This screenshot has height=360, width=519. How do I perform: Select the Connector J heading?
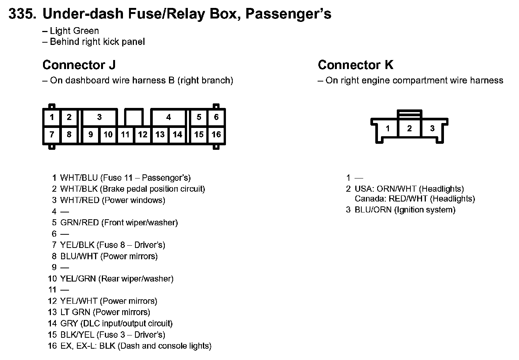79,65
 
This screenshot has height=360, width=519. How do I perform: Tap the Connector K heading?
355,65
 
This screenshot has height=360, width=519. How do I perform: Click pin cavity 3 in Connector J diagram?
99,117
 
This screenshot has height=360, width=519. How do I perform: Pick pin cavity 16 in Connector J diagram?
216,135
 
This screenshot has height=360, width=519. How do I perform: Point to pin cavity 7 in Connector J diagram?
52,135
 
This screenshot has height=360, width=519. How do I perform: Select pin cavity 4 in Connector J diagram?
168,117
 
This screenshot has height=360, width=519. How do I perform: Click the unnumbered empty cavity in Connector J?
134,117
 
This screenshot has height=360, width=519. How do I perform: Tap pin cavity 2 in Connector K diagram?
410,128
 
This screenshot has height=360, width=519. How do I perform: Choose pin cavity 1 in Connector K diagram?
388,129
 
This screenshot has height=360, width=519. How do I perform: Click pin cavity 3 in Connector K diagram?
432,129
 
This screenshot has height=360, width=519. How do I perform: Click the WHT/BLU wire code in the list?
79,178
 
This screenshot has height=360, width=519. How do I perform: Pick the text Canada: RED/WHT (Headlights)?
415,199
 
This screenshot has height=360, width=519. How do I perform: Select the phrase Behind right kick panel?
97,42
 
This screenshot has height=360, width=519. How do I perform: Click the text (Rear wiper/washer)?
136,279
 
